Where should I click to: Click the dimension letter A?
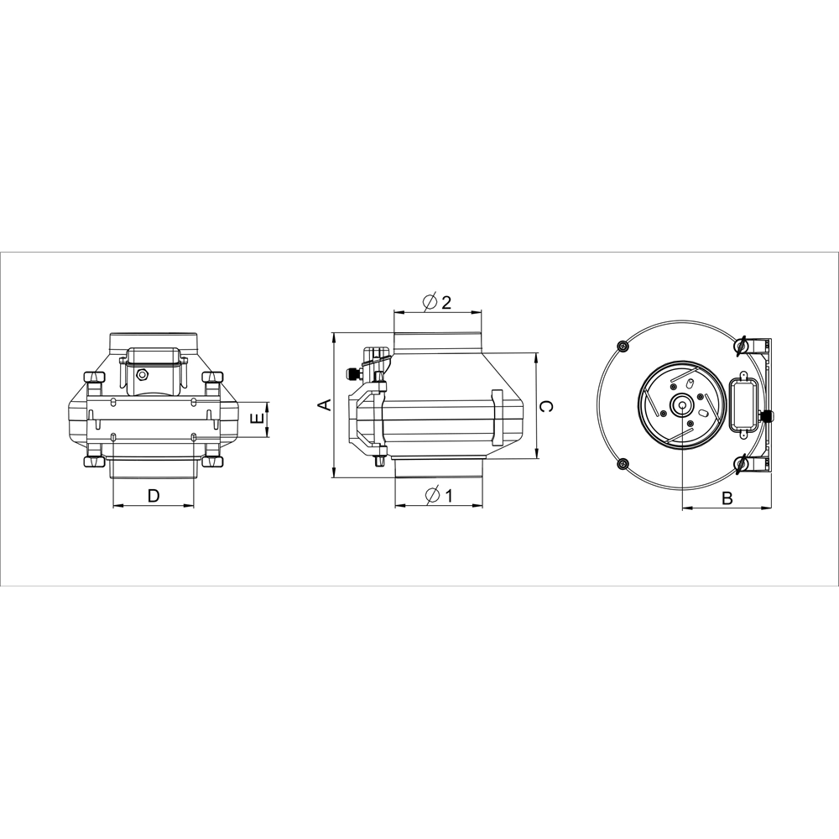tap(324, 405)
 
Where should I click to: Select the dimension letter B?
tap(727, 498)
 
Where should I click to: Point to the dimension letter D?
tap(154, 496)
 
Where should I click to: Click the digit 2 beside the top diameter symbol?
tap(446, 302)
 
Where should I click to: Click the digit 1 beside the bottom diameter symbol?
tap(448, 496)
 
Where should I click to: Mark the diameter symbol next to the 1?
tap(432, 496)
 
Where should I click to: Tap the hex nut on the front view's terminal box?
tap(142, 374)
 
